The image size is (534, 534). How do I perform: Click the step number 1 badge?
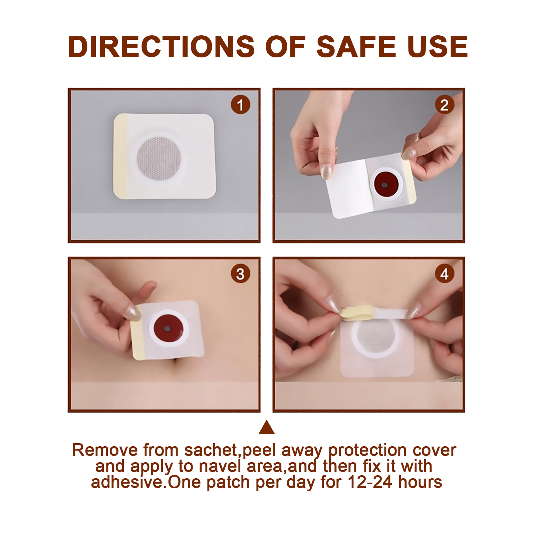pos(240,105)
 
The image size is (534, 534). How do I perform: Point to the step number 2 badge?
pos(444,105)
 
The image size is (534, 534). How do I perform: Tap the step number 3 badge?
pos(240,274)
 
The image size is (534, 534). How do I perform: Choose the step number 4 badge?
pos(444,274)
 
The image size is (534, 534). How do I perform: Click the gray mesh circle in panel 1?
pos(159,159)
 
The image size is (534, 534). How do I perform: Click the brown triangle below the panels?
pos(267,427)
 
